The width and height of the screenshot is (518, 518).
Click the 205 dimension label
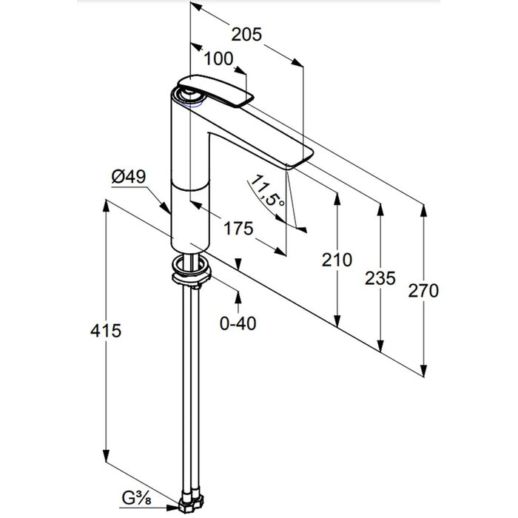click(246, 34)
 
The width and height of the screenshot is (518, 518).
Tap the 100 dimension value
click(218, 58)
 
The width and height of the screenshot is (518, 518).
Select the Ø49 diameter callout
click(129, 177)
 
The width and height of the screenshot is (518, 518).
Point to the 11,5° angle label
click(267, 191)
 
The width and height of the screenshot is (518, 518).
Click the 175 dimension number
click(238, 228)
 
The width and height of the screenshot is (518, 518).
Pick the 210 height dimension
click(337, 260)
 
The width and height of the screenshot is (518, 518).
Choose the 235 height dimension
click(380, 277)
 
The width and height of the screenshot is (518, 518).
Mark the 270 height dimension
click(423, 291)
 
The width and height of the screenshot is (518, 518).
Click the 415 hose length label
click(106, 330)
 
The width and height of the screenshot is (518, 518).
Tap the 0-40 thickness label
click(238, 323)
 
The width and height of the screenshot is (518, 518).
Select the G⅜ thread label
click(136, 499)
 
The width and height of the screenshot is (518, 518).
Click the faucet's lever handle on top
click(216, 91)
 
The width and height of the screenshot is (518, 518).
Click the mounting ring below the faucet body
click(191, 268)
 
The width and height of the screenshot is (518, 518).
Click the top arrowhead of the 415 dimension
click(106, 206)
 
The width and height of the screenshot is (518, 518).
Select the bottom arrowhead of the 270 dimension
click(424, 370)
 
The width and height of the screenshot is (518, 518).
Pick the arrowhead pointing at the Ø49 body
click(166, 208)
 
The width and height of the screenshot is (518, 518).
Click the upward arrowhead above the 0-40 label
click(238, 297)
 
